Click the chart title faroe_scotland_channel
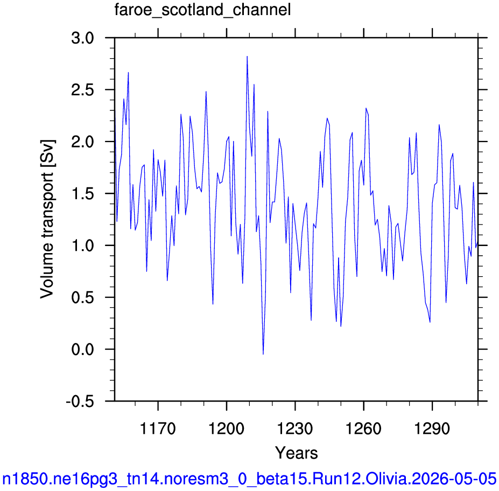202,10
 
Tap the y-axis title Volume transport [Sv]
47,219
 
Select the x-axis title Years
296,452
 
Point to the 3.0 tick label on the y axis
83,38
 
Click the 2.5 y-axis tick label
83,90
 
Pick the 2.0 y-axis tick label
83,142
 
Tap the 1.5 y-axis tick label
83,194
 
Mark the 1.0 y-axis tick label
83,245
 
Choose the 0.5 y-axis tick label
83,298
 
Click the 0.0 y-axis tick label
83,349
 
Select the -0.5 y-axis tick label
80,402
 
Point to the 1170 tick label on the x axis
158,429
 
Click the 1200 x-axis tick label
226,429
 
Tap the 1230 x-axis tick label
295,429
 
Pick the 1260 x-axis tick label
363,429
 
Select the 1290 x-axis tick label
432,429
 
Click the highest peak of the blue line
247,57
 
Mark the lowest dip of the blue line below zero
263,354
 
